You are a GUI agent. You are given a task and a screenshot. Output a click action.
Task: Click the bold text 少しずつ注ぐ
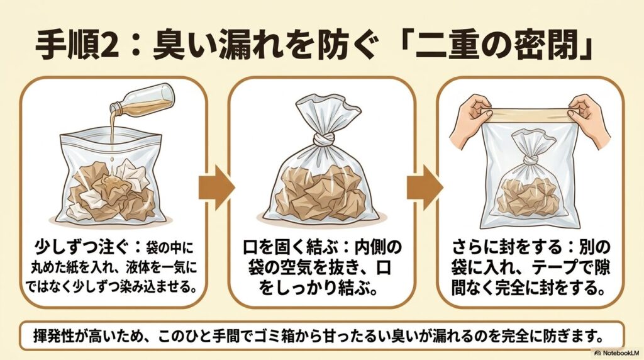tap(69, 243)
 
